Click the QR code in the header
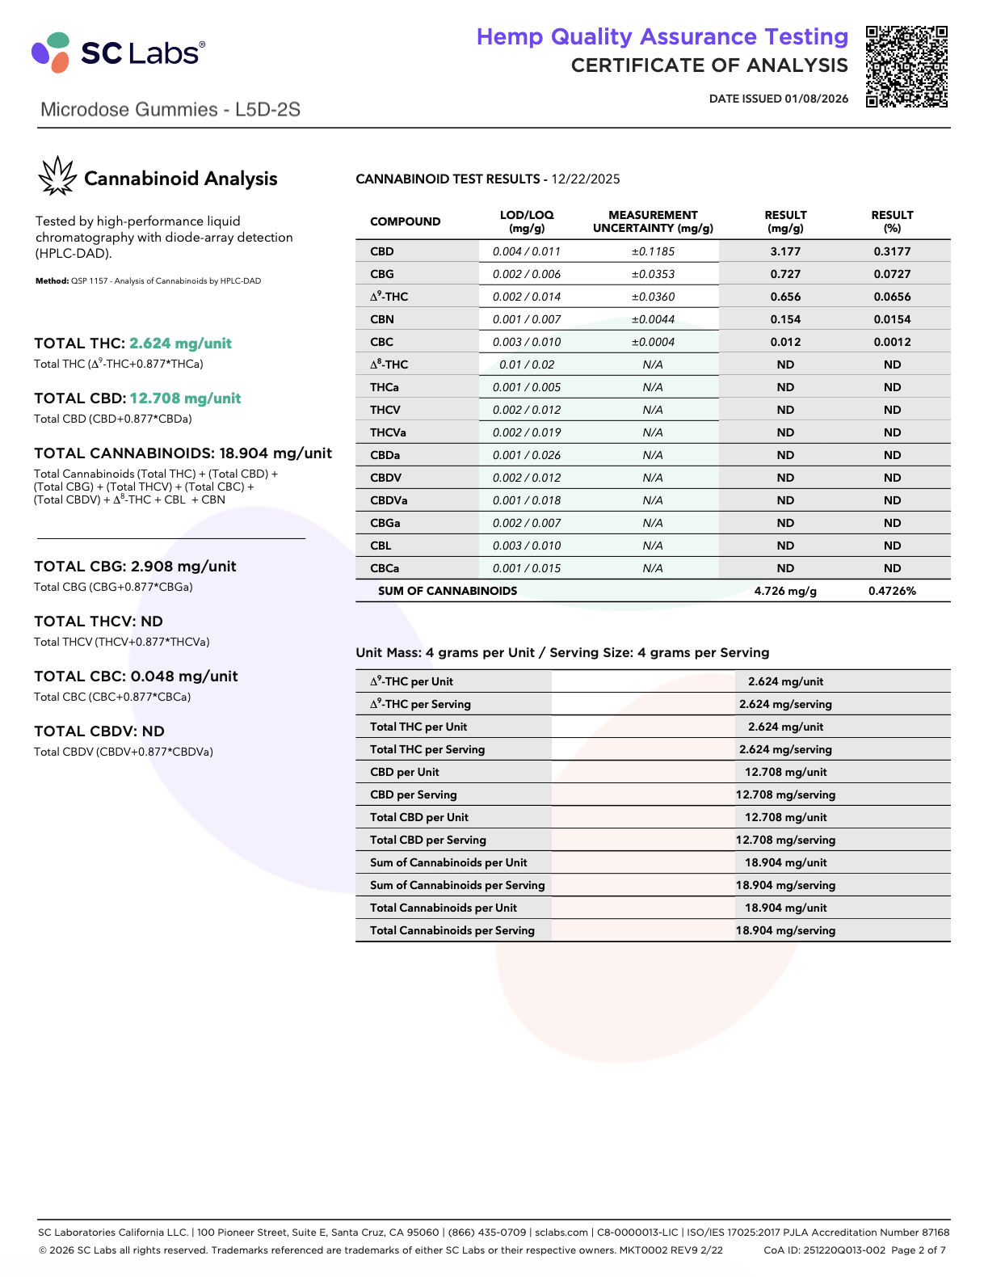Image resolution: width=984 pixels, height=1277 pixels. tap(906, 66)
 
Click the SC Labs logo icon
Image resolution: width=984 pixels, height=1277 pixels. tap(51, 52)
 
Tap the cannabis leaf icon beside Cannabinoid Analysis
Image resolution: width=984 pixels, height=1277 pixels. tap(57, 176)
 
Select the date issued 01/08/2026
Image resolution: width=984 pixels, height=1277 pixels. tap(779, 99)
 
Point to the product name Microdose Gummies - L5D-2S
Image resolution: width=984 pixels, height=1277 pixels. tap(170, 110)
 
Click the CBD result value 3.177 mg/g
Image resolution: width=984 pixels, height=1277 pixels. tap(785, 251)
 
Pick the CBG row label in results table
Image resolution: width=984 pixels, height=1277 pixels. tap(382, 274)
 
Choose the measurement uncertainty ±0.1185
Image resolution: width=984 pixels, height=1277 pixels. tap(653, 251)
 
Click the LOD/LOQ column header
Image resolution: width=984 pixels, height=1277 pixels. tap(527, 221)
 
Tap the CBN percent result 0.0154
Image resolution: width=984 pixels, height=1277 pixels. tap(892, 319)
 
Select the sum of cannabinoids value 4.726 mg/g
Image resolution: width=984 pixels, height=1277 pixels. tap(785, 591)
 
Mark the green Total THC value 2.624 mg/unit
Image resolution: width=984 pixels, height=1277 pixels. tap(180, 343)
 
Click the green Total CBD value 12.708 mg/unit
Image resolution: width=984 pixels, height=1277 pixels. tap(185, 398)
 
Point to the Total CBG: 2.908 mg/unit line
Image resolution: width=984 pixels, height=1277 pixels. tap(135, 567)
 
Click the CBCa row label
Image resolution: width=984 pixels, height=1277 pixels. tap(385, 568)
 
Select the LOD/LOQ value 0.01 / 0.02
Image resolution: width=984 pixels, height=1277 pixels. tap(527, 365)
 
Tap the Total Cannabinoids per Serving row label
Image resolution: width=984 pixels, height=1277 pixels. tap(452, 930)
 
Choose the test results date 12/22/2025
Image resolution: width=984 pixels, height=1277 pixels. tap(586, 179)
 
